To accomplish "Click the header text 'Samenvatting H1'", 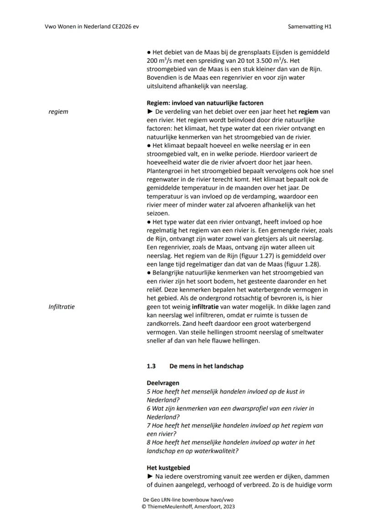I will pyautogui.click(x=310, y=26).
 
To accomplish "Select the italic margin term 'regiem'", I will pyautogui.click(x=58, y=111).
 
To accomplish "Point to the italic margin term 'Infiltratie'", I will pyautogui.click(x=62, y=307).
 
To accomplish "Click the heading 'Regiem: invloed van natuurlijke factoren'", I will pyautogui.click(x=205, y=103).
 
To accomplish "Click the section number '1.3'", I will pyautogui.click(x=151, y=366).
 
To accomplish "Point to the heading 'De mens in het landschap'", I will pyautogui.click(x=206, y=366).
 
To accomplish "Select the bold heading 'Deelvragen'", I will pyautogui.click(x=163, y=383).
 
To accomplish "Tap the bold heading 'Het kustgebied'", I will pyautogui.click(x=168, y=467).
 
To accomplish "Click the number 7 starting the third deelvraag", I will pyautogui.click(x=149, y=426).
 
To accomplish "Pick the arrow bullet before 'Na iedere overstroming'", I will pyautogui.click(x=150, y=476).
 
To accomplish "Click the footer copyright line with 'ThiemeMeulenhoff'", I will pyautogui.click(x=188, y=506).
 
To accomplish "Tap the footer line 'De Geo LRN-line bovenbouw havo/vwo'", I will pyautogui.click(x=188, y=500).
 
